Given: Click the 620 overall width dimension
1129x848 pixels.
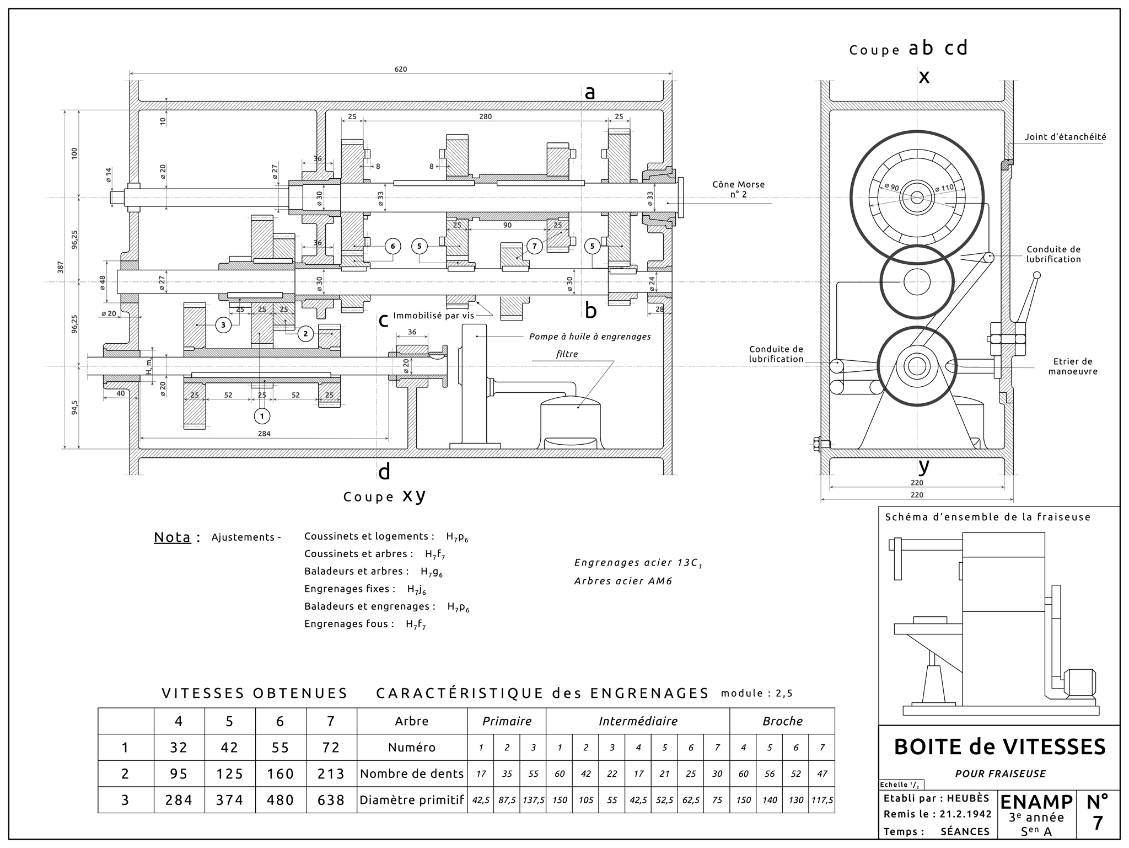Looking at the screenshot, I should [401, 70].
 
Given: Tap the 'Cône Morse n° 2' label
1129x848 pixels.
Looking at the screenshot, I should [738, 189].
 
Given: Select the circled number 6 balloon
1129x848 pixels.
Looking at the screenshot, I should [393, 246].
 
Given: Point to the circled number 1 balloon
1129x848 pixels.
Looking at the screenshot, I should [262, 415].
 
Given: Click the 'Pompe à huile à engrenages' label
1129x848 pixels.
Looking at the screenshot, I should [590, 337].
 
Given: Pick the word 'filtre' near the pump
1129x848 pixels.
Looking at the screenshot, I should [567, 354].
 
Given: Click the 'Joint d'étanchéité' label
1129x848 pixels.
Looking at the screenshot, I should [1065, 137].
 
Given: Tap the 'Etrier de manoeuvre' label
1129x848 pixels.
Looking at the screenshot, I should [1072, 366].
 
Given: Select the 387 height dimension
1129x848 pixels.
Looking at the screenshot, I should [61, 267].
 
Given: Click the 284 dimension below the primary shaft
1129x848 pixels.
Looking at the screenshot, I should [264, 434].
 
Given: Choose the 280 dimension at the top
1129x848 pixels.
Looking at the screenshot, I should [485, 117].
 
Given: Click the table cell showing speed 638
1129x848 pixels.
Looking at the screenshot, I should [331, 800].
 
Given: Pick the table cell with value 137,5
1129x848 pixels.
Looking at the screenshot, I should [533, 800].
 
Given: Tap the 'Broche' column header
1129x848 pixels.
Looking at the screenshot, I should [782, 721].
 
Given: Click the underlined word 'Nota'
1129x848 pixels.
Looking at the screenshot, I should [172, 537].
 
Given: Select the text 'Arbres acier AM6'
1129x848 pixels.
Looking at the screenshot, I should [623, 581].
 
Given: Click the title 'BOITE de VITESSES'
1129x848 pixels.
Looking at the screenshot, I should [999, 747].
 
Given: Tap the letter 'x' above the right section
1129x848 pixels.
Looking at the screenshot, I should [924, 77].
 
